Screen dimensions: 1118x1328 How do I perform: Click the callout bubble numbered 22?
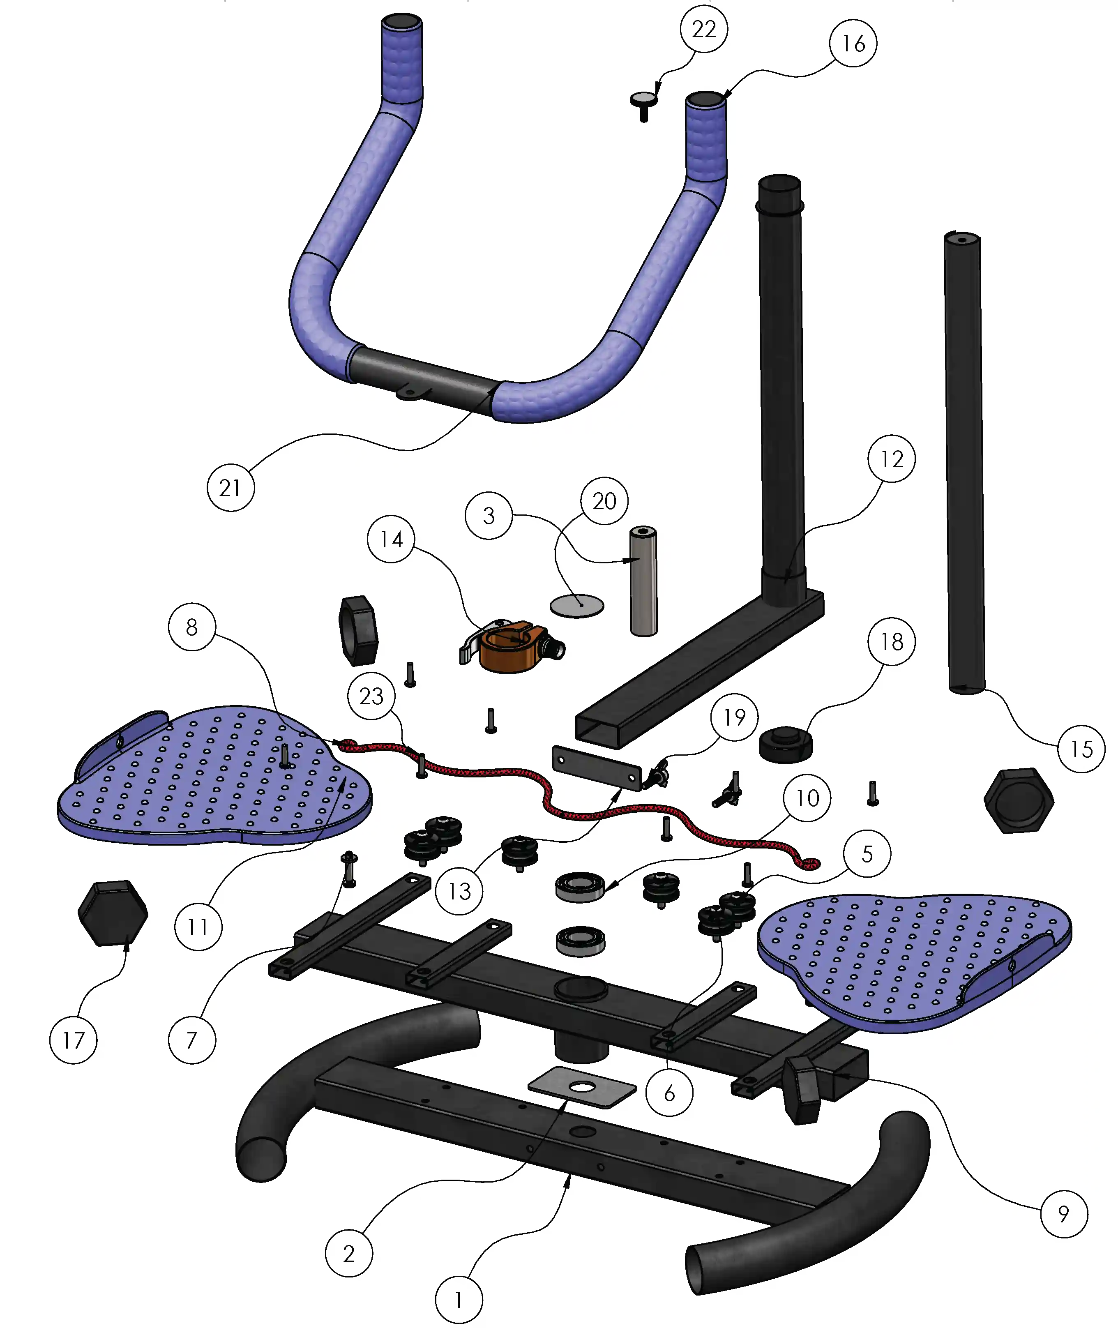(703, 29)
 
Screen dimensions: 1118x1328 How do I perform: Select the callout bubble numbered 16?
(853, 43)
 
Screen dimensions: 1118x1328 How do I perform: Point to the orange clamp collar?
(512, 647)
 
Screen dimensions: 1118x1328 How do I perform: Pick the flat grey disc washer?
(577, 605)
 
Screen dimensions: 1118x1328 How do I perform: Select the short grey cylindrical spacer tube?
(643, 581)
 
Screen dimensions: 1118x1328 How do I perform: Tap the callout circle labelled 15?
(1081, 749)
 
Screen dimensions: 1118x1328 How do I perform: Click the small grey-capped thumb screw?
(644, 105)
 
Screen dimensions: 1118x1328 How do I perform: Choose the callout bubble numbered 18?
(892, 641)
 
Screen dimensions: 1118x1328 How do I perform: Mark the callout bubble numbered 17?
(74, 1040)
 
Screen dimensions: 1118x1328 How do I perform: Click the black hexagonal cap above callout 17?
(113, 913)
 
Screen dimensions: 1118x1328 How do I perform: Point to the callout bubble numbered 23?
(371, 696)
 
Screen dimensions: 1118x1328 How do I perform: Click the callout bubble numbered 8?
(192, 627)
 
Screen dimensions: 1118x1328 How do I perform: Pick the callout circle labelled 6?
(669, 1093)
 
